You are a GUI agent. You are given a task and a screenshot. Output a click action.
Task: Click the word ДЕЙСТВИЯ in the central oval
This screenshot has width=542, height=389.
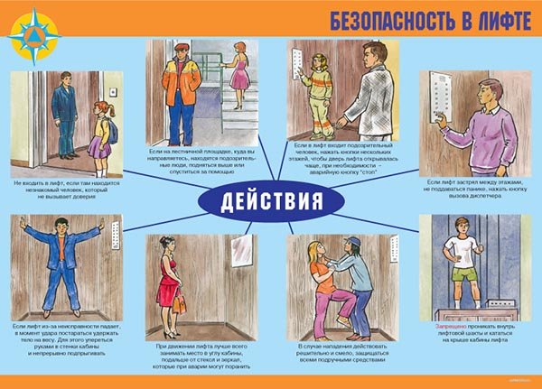(271, 199)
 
